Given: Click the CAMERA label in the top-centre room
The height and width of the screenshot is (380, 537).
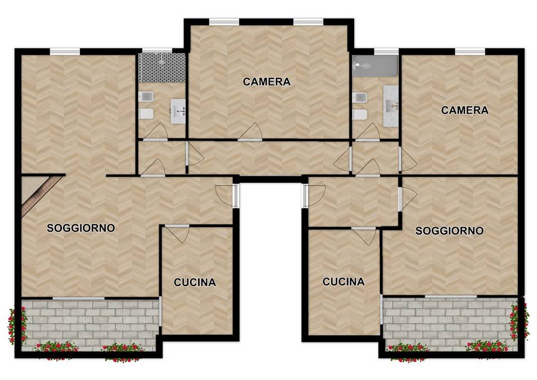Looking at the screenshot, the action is (266, 82).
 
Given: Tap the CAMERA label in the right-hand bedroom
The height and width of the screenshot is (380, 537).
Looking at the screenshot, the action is (464, 110).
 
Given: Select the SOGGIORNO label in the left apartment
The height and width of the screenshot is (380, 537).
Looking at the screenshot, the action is (81, 228).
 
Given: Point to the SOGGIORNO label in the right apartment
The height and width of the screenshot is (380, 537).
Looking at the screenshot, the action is (449, 231).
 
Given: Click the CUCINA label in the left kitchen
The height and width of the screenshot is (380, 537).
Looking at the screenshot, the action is (195, 282).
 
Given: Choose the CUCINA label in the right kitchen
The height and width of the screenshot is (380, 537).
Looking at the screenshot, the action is (343, 282).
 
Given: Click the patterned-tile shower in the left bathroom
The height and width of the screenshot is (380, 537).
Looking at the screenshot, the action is (162, 68).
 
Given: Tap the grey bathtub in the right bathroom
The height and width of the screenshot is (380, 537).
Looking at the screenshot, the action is (375, 66).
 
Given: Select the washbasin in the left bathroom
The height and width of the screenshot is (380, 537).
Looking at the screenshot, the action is (178, 111).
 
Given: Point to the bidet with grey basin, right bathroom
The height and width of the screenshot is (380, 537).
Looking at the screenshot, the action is (360, 97).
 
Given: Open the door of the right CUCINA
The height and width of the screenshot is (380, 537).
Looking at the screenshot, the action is (364, 236).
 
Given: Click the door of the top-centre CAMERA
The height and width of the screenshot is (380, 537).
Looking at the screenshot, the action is (250, 132).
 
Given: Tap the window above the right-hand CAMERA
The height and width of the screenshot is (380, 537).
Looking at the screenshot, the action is (470, 51).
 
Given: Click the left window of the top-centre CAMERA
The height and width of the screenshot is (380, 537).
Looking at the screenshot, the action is (224, 22).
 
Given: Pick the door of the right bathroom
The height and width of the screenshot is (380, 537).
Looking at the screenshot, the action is (368, 132).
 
